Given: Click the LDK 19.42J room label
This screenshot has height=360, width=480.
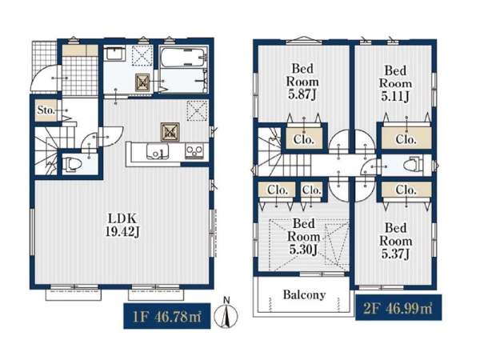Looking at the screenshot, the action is click(122, 225).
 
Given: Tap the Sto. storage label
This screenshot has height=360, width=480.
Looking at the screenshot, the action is click(46, 110).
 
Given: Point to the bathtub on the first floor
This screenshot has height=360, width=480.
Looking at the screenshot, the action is click(182, 58).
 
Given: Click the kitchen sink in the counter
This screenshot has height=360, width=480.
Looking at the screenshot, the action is click(158, 152).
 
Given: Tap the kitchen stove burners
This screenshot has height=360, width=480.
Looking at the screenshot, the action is click(194, 151).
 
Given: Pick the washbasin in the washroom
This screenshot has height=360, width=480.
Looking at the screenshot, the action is click(114, 54).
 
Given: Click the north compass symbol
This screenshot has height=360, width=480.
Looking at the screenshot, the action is click(226, 314).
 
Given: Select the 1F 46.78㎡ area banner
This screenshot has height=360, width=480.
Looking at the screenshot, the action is click(167, 316).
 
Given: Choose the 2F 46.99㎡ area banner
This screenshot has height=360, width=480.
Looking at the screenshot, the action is click(398, 308).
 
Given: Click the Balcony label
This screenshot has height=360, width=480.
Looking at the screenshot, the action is click(304, 294).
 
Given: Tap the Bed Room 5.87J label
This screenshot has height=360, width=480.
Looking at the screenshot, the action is click(302, 82).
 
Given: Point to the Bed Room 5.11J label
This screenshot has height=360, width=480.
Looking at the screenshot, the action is click(395, 83).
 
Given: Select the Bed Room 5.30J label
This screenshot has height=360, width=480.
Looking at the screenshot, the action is click(303, 237).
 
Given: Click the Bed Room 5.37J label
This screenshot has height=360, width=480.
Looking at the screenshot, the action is click(396, 241).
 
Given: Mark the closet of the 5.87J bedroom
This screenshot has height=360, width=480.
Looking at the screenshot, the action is click(304, 138).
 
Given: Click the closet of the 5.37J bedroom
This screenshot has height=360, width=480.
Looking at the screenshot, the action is click(406, 190).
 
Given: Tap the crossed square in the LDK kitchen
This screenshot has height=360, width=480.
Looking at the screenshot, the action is click(170, 132).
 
